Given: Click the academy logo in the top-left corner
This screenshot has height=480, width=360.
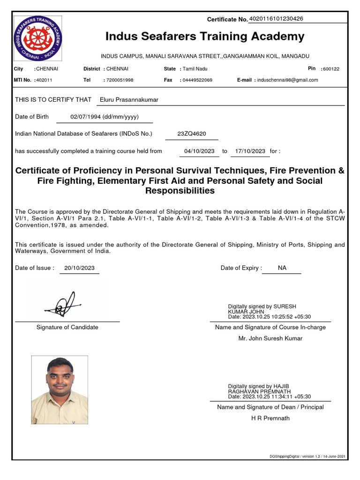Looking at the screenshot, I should (38, 38).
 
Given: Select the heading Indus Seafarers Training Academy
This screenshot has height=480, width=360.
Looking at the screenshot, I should (205, 37).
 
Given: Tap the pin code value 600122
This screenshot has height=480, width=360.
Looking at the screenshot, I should (331, 69).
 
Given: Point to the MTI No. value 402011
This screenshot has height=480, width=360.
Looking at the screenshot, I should (44, 80).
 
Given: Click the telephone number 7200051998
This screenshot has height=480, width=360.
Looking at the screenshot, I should (120, 80).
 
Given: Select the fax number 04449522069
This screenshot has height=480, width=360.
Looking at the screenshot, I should (198, 80).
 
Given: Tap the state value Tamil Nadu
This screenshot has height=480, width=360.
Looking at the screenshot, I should (195, 69).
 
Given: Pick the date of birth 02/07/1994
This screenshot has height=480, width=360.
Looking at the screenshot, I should (104, 117).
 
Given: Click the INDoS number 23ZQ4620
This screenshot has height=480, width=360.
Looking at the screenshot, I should (192, 134).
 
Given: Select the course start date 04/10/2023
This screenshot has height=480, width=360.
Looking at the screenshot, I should (200, 151).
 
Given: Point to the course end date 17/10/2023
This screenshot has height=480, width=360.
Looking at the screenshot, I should (250, 151).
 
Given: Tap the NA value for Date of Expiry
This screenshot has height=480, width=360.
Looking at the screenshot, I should (282, 268).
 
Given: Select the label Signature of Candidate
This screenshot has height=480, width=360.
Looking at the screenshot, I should (67, 327).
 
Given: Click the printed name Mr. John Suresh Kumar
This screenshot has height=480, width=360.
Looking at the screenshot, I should (270, 338).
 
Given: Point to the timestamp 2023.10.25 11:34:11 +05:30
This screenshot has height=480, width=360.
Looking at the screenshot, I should (269, 397).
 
